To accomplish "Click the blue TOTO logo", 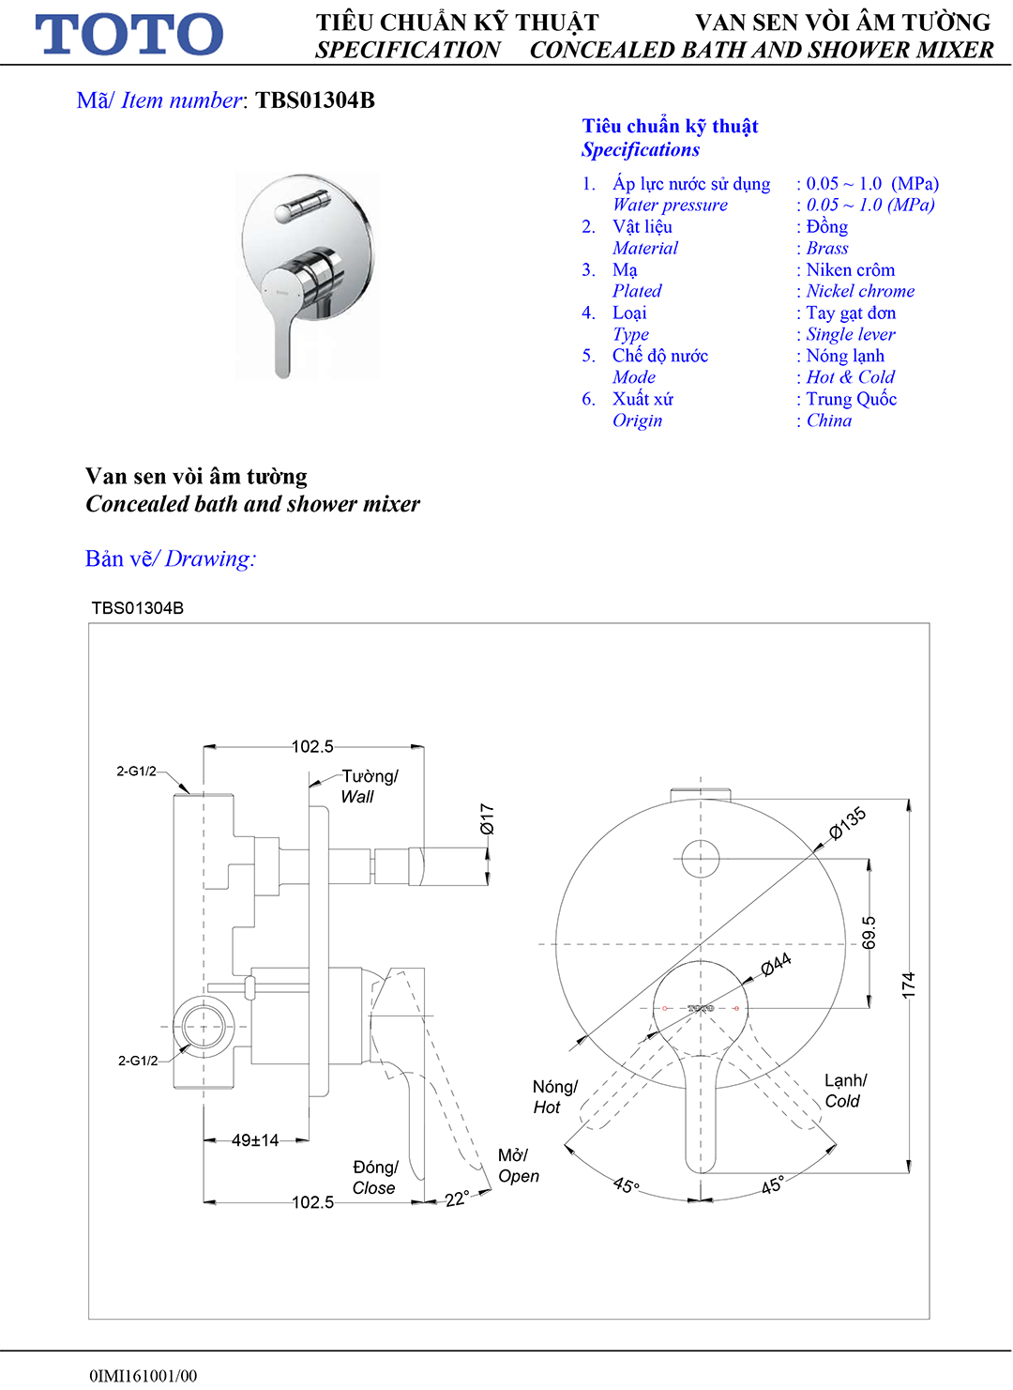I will pyautogui.click(x=129, y=35).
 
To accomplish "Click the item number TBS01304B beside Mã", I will pyautogui.click(x=315, y=100).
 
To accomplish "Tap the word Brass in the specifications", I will pyautogui.click(x=827, y=248).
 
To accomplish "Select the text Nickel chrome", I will pyautogui.click(x=860, y=291).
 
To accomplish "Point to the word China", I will pyautogui.click(x=829, y=420).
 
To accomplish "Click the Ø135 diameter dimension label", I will pyautogui.click(x=847, y=823).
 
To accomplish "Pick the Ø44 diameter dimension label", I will pyautogui.click(x=776, y=964).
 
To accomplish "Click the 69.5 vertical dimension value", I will pyautogui.click(x=869, y=933).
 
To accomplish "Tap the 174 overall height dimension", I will pyautogui.click(x=908, y=985).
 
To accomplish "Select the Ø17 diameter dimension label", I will pyautogui.click(x=487, y=818).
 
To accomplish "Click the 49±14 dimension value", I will pyautogui.click(x=255, y=1140).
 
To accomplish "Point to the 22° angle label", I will pyautogui.click(x=457, y=1199).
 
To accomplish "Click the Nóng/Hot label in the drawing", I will pyautogui.click(x=553, y=1097).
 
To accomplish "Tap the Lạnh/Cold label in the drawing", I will pyautogui.click(x=845, y=1091).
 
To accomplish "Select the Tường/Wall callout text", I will pyautogui.click(x=369, y=787).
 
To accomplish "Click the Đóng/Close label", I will pyautogui.click(x=374, y=1177).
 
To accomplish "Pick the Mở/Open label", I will pyautogui.click(x=518, y=1166).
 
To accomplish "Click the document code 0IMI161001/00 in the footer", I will pyautogui.click(x=144, y=1376).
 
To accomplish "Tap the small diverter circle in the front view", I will pyautogui.click(x=700, y=858).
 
